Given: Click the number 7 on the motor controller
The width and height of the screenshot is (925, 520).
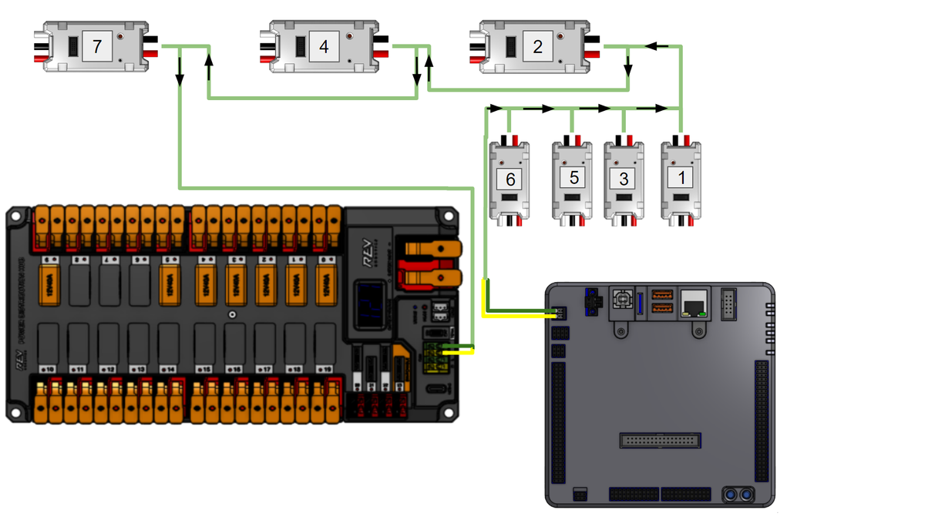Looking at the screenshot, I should pyautogui.click(x=96, y=47).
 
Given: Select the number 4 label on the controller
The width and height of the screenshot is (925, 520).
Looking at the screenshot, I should pyautogui.click(x=324, y=47).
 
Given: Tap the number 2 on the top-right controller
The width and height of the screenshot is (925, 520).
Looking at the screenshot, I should pyautogui.click(x=537, y=47).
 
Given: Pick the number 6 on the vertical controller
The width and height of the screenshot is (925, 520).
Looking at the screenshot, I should pyautogui.click(x=510, y=179).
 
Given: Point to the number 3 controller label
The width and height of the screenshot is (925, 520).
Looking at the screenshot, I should pyautogui.click(x=624, y=179).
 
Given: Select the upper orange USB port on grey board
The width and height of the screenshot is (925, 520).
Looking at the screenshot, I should pyautogui.click(x=661, y=294).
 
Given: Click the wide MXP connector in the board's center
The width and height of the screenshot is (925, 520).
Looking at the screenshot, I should pyautogui.click(x=661, y=441).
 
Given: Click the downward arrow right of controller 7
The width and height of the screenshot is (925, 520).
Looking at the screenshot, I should pyautogui.click(x=180, y=76).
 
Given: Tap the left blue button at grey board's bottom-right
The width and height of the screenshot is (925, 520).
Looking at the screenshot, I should pyautogui.click(x=730, y=493).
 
